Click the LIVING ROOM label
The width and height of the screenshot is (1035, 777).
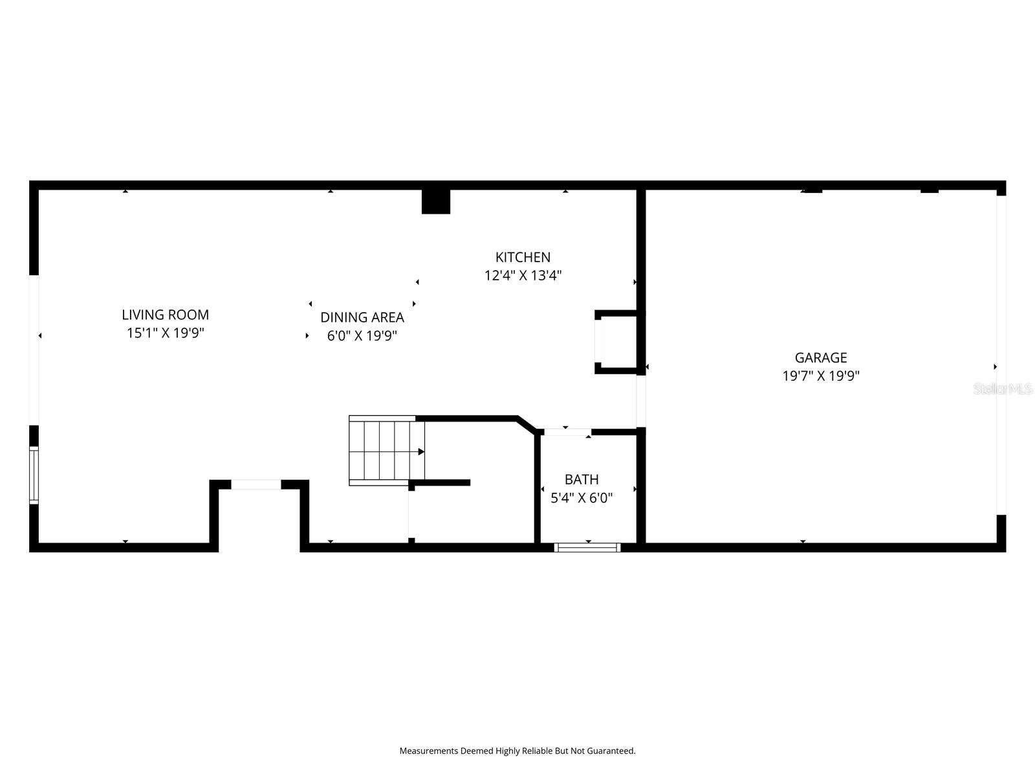[165, 315]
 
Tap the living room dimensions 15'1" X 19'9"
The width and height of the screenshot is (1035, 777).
[165, 333]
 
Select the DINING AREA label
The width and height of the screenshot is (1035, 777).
[362, 317]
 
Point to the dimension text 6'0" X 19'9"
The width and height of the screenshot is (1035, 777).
[362, 335]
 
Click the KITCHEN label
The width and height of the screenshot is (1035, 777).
[523, 257]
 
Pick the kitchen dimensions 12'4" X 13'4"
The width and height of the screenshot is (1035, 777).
[523, 276]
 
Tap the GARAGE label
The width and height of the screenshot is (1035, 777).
[820, 357]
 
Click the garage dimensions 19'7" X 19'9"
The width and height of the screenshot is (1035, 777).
[820, 376]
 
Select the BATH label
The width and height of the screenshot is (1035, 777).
[582, 479]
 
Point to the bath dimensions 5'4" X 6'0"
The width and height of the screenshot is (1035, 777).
[582, 498]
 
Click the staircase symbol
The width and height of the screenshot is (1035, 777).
[387, 451]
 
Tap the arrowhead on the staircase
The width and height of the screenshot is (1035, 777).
[421, 452]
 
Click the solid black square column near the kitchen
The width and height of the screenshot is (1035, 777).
[436, 201]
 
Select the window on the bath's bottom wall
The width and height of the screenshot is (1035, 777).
[587, 547]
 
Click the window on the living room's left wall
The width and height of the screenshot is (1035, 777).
[34, 475]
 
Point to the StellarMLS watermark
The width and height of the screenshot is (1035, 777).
[1003, 388]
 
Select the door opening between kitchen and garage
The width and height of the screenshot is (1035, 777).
[641, 401]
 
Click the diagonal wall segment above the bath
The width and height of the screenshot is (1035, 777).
[527, 424]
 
